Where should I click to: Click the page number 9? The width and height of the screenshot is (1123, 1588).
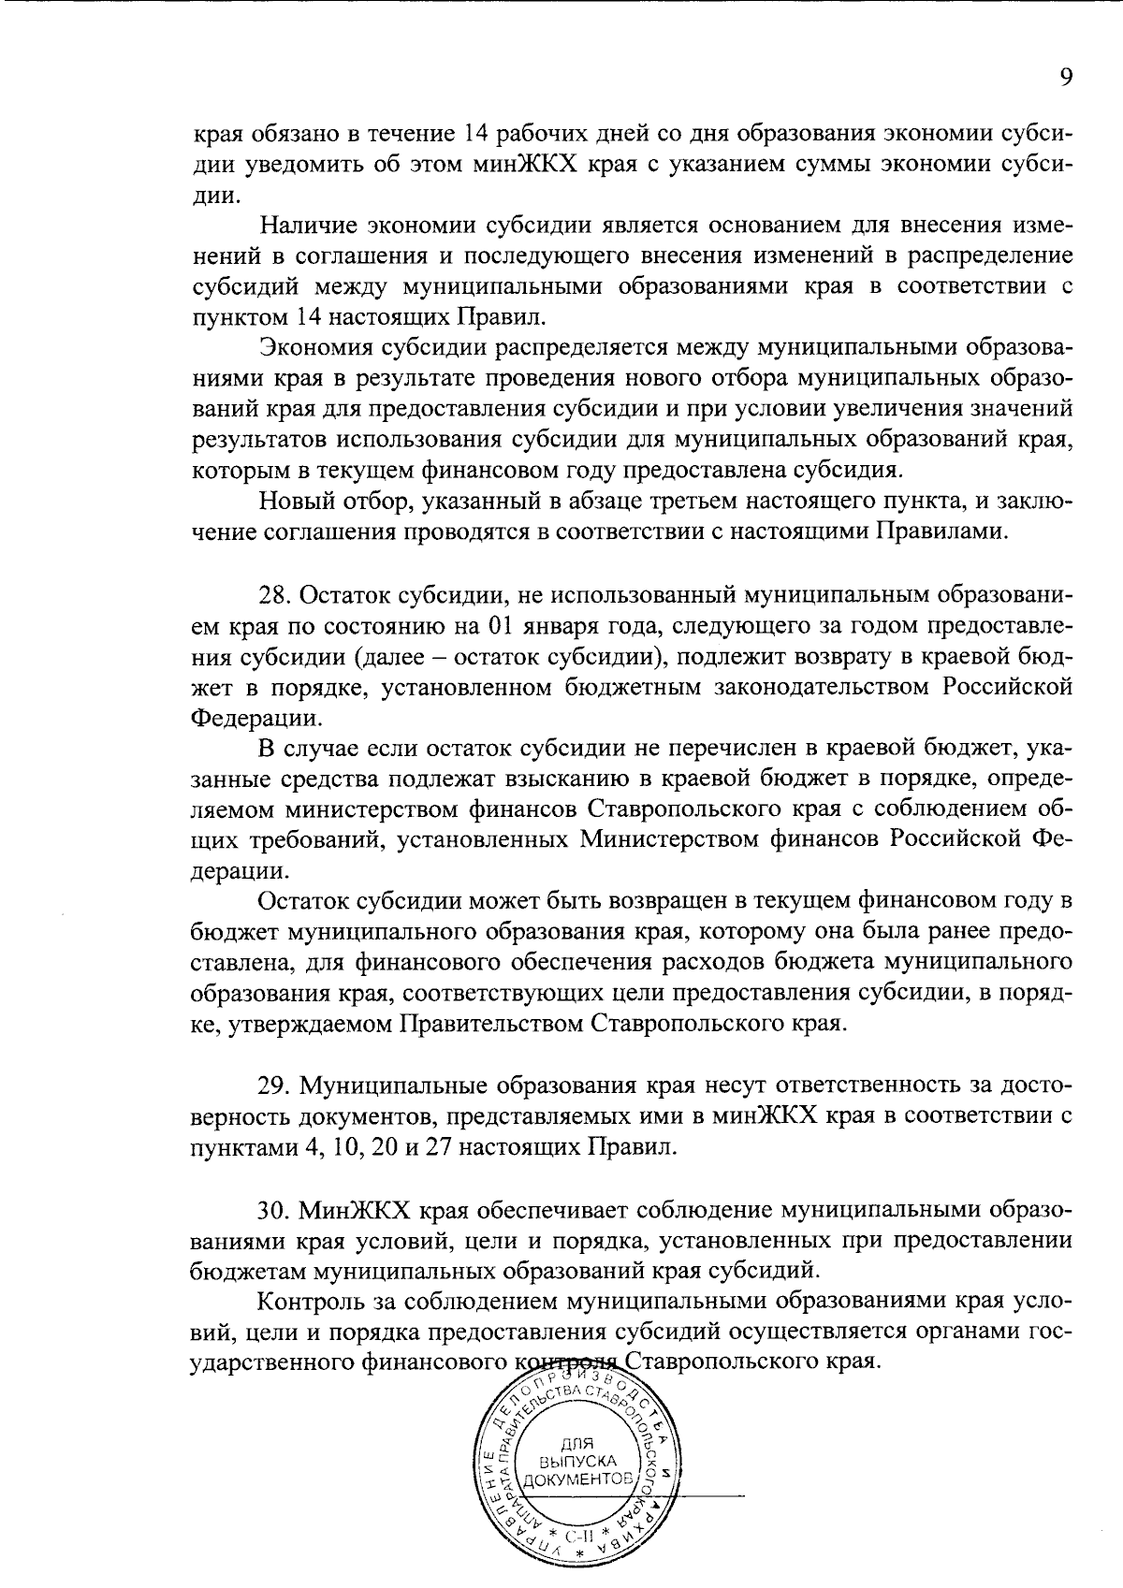tap(1065, 78)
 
